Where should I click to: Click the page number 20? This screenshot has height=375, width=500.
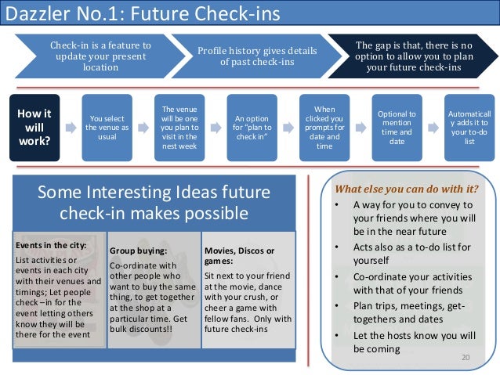(x=466, y=356)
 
